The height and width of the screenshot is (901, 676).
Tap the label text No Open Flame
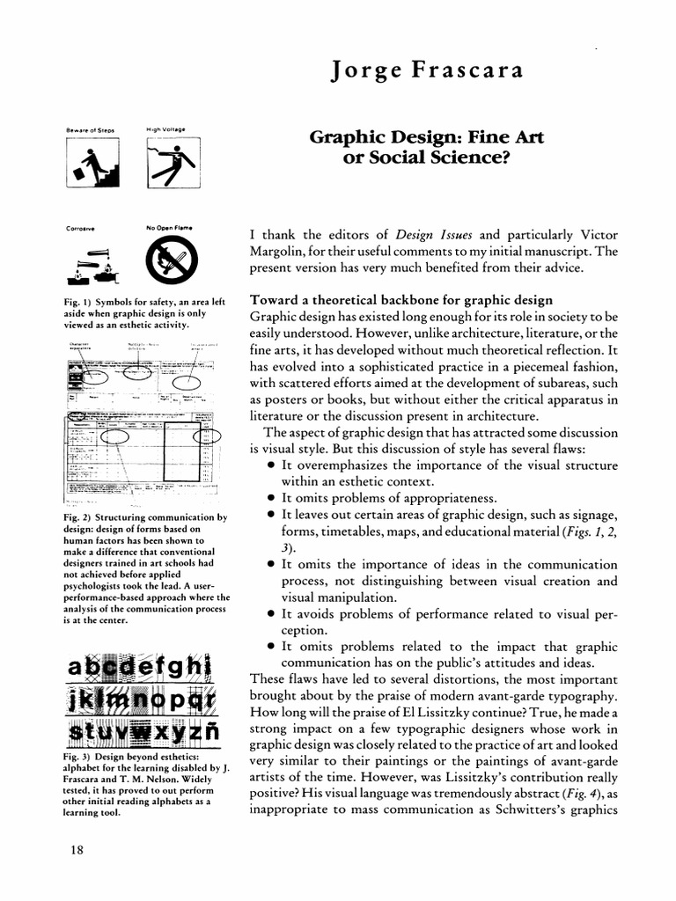pos(169,228)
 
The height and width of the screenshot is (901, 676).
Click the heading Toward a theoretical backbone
pos(401,300)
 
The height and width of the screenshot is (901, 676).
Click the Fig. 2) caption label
pos(83,517)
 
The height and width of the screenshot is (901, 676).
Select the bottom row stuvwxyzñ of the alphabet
pos(144,731)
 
